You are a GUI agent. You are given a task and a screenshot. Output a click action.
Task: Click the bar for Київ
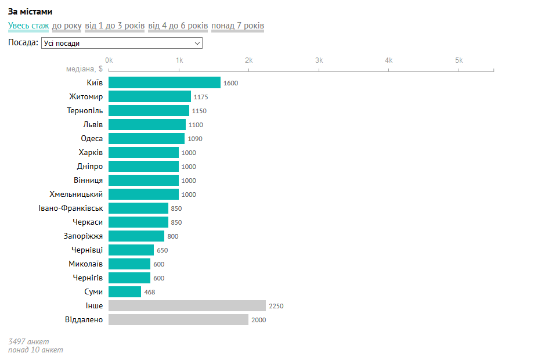[x=164, y=83]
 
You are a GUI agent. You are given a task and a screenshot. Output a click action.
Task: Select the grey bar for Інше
[x=187, y=306]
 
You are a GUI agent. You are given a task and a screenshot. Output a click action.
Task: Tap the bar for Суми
[x=125, y=292]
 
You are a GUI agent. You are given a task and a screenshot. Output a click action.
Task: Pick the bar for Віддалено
[x=178, y=320]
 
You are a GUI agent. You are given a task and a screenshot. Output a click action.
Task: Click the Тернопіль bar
[x=149, y=111]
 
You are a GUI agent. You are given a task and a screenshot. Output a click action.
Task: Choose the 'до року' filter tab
[x=67, y=26]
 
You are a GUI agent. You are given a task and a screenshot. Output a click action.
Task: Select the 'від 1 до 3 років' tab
[x=115, y=26]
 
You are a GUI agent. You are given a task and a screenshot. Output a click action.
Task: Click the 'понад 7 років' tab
[x=237, y=26]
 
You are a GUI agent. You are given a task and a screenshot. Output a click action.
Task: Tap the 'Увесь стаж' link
[x=28, y=26]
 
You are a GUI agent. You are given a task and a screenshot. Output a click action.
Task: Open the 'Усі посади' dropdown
[x=122, y=43]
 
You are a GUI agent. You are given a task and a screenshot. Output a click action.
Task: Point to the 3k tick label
[x=319, y=60]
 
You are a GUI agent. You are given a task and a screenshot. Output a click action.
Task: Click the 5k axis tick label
[x=459, y=60]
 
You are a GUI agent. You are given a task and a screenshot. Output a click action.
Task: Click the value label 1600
[x=230, y=83]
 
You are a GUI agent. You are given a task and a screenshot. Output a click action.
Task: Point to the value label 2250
[x=276, y=306]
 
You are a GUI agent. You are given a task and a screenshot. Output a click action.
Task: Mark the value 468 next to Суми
[x=149, y=292]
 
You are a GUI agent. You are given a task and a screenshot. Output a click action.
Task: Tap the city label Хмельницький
[x=76, y=195]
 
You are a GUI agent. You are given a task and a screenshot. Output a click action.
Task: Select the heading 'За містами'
[x=30, y=12]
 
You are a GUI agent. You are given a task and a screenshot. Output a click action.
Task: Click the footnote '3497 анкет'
[x=28, y=341]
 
